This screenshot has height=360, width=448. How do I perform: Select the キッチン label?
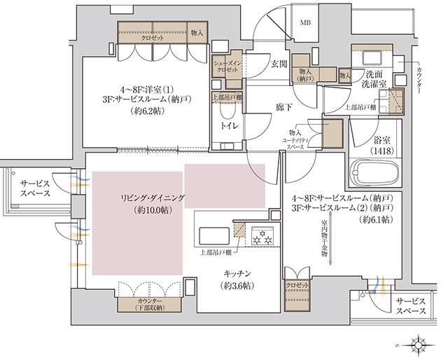tap(238, 272)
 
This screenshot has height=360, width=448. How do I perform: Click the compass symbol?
tap(419, 344)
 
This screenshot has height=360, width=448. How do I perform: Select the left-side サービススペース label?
tap(31, 187)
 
